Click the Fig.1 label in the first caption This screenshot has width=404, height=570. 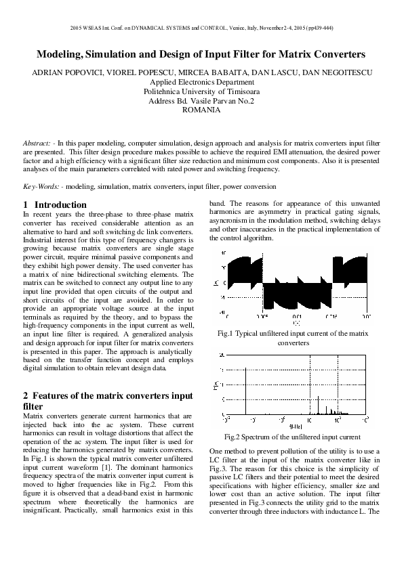[x=227, y=333]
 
